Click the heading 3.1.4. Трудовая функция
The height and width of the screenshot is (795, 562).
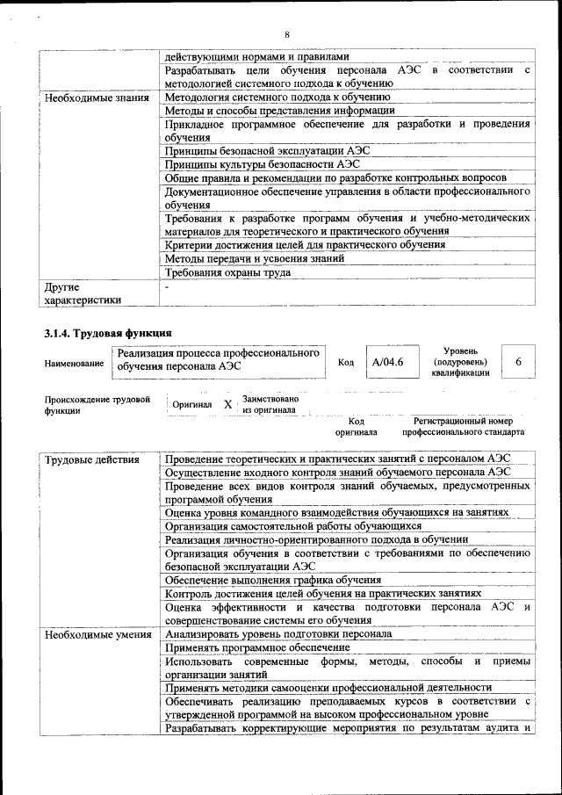tap(107, 332)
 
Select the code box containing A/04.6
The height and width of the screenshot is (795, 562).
tap(386, 362)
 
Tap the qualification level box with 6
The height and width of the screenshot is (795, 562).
tap(518, 362)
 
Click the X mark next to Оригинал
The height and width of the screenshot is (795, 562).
tap(227, 404)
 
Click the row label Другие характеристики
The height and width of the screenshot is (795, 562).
tap(83, 293)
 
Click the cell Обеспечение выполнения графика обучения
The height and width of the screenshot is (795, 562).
tap(272, 580)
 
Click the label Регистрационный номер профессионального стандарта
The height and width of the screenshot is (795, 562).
tap(463, 427)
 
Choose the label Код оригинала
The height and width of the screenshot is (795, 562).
tap(356, 427)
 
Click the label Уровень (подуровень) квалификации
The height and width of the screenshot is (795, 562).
tap(460, 361)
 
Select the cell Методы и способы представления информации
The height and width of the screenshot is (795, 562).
tap(279, 111)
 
